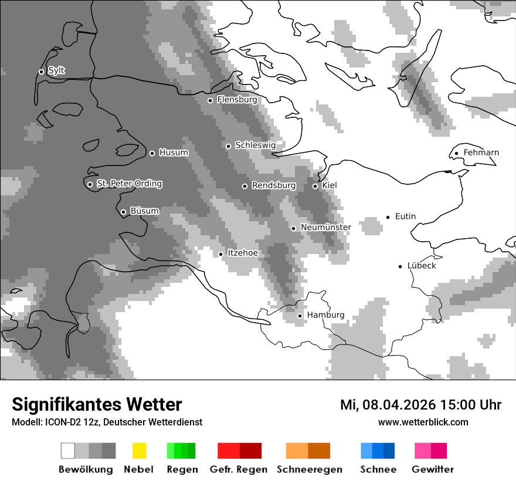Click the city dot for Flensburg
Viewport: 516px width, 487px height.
tap(210, 100)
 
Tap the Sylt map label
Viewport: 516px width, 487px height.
tap(56, 71)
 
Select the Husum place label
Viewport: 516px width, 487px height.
tap(174, 153)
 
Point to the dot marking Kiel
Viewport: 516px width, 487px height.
tap(315, 186)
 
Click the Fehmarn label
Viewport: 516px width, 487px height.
tap(481, 153)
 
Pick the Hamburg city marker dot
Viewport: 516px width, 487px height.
tap(300, 316)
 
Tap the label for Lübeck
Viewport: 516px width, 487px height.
tap(422, 266)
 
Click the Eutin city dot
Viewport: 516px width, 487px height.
tap(388, 217)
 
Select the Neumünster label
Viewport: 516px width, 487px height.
tap(325, 227)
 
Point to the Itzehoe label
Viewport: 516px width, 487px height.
tap(242, 253)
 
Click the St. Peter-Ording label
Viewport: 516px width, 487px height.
tap(129, 184)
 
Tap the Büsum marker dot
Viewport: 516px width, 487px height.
tap(123, 212)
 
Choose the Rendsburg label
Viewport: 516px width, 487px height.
tap(274, 185)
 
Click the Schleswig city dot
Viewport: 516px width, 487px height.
tap(228, 146)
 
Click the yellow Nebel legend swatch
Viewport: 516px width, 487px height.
tap(139, 451)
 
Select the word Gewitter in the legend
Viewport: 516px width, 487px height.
tap(432, 469)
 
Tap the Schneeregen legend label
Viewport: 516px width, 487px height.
tap(310, 469)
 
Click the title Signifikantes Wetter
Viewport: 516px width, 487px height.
tap(97, 404)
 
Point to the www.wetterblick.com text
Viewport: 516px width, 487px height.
tap(423, 422)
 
